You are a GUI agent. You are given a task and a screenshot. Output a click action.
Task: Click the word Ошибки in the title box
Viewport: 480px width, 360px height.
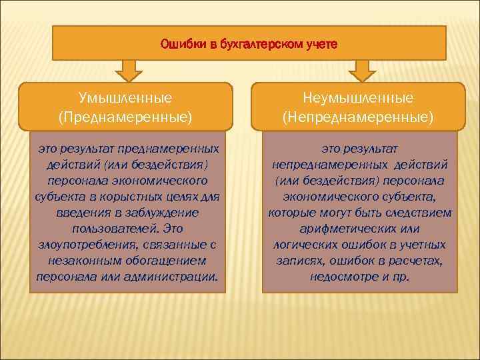click(181, 45)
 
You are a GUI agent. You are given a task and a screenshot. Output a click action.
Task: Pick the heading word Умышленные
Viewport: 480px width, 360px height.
click(125, 98)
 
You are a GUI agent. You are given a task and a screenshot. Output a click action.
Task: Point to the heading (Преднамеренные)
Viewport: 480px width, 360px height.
click(125, 117)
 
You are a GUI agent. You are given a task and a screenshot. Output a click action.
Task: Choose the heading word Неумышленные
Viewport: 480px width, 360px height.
click(359, 98)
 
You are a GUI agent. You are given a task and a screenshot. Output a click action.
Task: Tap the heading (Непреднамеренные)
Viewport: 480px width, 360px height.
click(359, 117)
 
